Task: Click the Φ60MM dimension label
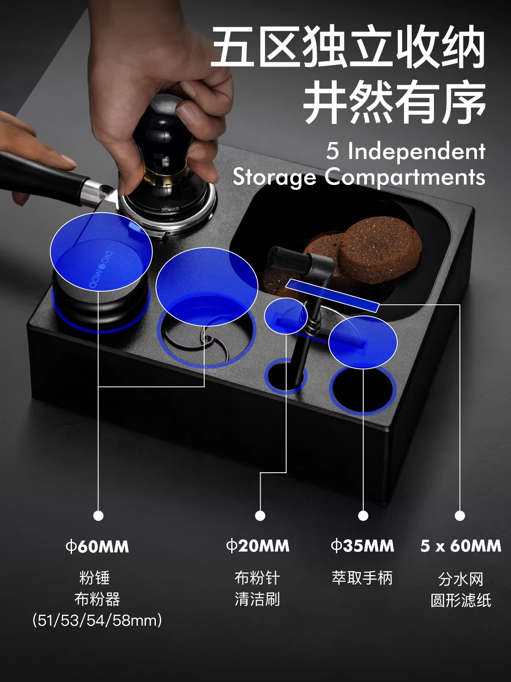97,546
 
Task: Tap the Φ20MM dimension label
258,546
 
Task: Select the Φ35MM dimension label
363,546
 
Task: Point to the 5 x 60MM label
461,546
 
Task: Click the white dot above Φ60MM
98,516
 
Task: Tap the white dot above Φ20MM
260,516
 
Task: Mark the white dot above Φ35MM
363,516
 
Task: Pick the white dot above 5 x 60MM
460,516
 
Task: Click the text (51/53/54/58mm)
97,621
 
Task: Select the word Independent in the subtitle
416,151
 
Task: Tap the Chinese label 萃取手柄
362,578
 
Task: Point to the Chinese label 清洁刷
257,599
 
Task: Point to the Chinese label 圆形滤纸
461,600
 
